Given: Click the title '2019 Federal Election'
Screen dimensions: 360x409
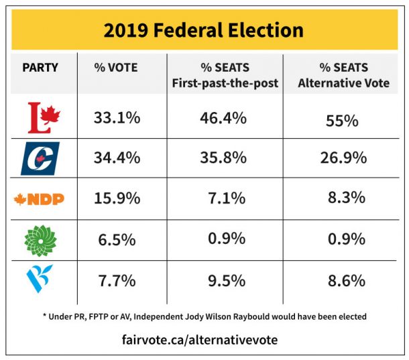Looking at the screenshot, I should point(204,30).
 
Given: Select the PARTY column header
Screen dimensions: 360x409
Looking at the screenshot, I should point(40,67).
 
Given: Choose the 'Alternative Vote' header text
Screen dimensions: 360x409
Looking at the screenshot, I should point(343,83).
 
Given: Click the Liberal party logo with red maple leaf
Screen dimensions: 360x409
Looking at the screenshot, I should point(40,118).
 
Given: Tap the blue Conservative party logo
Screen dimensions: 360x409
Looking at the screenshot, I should point(40,158).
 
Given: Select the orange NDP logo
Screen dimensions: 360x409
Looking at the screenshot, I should point(40,199).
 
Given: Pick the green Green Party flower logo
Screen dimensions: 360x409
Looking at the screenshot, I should point(40,239).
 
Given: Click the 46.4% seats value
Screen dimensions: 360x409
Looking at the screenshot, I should point(223,118).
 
